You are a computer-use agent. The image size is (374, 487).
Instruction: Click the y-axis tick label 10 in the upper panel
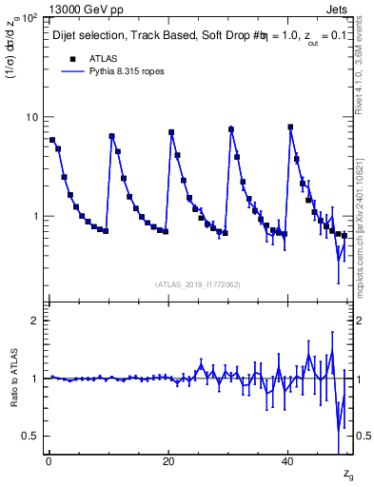click(31, 117)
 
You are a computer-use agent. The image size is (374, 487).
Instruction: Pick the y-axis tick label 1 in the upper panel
click(35, 216)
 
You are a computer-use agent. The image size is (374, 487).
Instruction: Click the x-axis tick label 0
click(48, 460)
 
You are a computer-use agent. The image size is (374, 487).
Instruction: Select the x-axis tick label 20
click(167, 460)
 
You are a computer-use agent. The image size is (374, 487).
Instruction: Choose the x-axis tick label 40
click(287, 460)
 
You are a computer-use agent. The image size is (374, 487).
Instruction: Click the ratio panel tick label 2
click(35, 321)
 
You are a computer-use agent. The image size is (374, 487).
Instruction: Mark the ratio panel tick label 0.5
click(30, 436)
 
